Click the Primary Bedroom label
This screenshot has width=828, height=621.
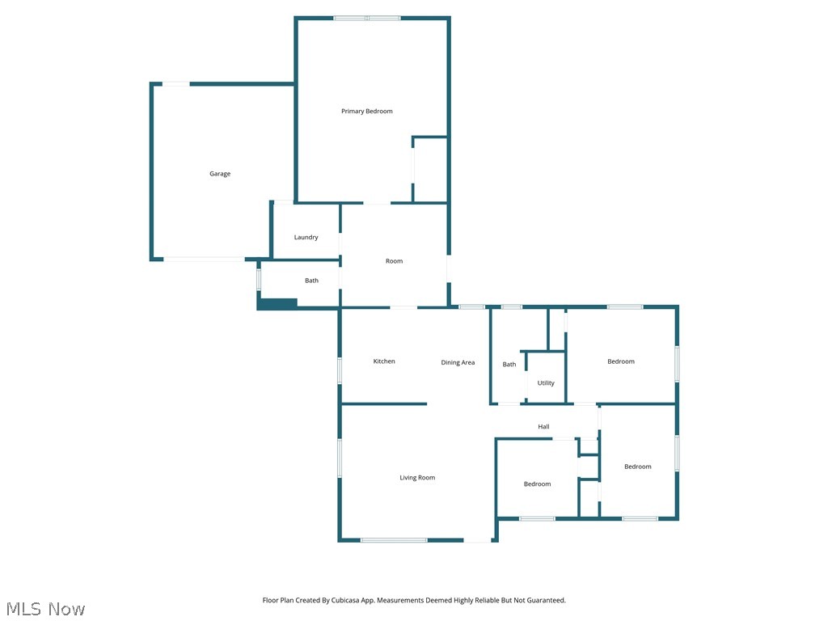click(366, 111)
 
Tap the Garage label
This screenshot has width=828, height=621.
click(220, 174)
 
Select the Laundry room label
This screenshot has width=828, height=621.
click(306, 237)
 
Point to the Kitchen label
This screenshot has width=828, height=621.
click(384, 361)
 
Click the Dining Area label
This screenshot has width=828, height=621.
click(458, 362)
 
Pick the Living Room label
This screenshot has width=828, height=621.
click(417, 478)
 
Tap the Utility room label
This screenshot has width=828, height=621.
click(546, 383)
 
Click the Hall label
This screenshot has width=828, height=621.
click(544, 427)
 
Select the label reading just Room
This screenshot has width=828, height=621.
click(394, 261)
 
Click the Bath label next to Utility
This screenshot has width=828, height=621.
click(509, 365)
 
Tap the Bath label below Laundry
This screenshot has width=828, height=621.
click(311, 281)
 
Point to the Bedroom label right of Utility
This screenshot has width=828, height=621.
click(621, 361)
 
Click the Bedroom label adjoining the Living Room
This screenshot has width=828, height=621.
click(537, 484)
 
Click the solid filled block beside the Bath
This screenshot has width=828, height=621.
click(277, 303)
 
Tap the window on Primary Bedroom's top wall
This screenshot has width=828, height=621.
click(367, 18)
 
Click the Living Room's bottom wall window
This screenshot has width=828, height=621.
click(394, 540)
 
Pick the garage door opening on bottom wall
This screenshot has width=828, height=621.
click(204, 259)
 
